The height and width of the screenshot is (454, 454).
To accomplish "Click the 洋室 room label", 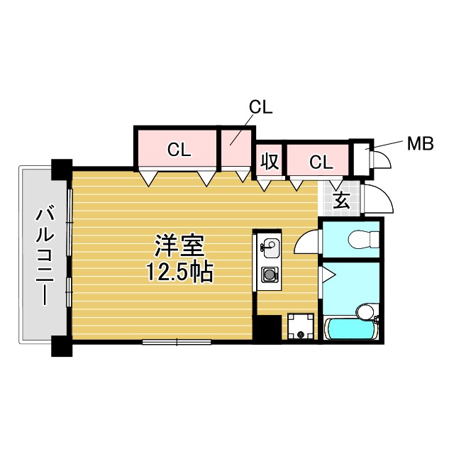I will coord(180,246).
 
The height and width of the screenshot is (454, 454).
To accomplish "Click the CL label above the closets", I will coord(260,107).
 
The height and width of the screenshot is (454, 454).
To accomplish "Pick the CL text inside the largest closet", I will coord(179,150).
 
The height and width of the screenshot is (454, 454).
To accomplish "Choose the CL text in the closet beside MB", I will coord(321,162).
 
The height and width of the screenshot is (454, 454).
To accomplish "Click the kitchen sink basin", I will coord(270,248).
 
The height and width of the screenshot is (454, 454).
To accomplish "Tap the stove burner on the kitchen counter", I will coord(270,273).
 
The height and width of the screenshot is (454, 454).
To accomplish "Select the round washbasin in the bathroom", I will coord(365,312).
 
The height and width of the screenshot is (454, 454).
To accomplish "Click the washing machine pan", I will coord(301,327).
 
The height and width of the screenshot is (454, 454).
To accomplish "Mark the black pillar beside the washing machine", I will coord(267,328).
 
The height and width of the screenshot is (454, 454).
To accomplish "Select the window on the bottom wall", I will coord(177,343).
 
